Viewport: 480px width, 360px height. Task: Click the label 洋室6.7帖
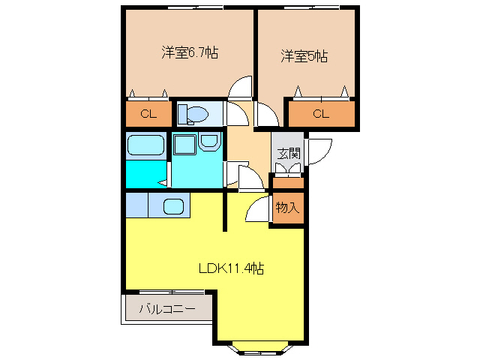pyautogui.click(x=190, y=52)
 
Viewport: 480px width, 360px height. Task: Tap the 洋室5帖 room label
pyautogui.click(x=304, y=56)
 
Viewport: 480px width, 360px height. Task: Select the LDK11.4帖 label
pyautogui.click(x=231, y=268)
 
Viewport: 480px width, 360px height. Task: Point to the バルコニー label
pyautogui.click(x=167, y=308)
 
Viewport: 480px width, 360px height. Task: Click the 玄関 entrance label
pyautogui.click(x=289, y=153)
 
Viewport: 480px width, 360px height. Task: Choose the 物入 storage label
pyautogui.click(x=287, y=207)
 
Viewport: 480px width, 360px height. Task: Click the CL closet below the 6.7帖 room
pyautogui.click(x=148, y=114)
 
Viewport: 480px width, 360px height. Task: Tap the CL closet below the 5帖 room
pyautogui.click(x=321, y=114)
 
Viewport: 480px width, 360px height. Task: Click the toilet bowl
pyautogui.click(x=198, y=114)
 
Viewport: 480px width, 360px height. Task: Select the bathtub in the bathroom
pyautogui.click(x=146, y=145)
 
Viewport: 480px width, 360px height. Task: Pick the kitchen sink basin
pyautogui.click(x=173, y=207)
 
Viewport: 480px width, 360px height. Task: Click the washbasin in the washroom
pyautogui.click(x=209, y=141)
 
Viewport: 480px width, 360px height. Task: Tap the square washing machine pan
pyautogui.click(x=185, y=145)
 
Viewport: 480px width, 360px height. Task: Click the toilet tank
pyautogui.click(x=182, y=114)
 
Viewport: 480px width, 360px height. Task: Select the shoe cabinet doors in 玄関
pyautogui.click(x=288, y=168)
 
